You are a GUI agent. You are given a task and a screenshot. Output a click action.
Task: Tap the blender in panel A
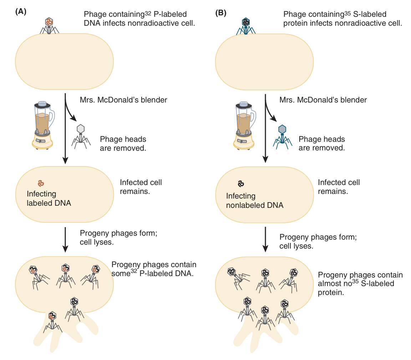[x=43, y=125]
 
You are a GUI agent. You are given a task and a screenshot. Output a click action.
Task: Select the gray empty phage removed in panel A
[x=81, y=136]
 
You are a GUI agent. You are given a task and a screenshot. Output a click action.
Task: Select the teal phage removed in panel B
[x=282, y=136]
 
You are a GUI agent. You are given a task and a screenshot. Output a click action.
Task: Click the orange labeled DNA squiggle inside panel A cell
[x=41, y=183]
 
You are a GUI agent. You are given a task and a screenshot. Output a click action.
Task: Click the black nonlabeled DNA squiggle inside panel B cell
[x=241, y=184]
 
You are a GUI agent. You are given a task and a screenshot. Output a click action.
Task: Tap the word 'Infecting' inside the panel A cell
[x=41, y=194]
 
